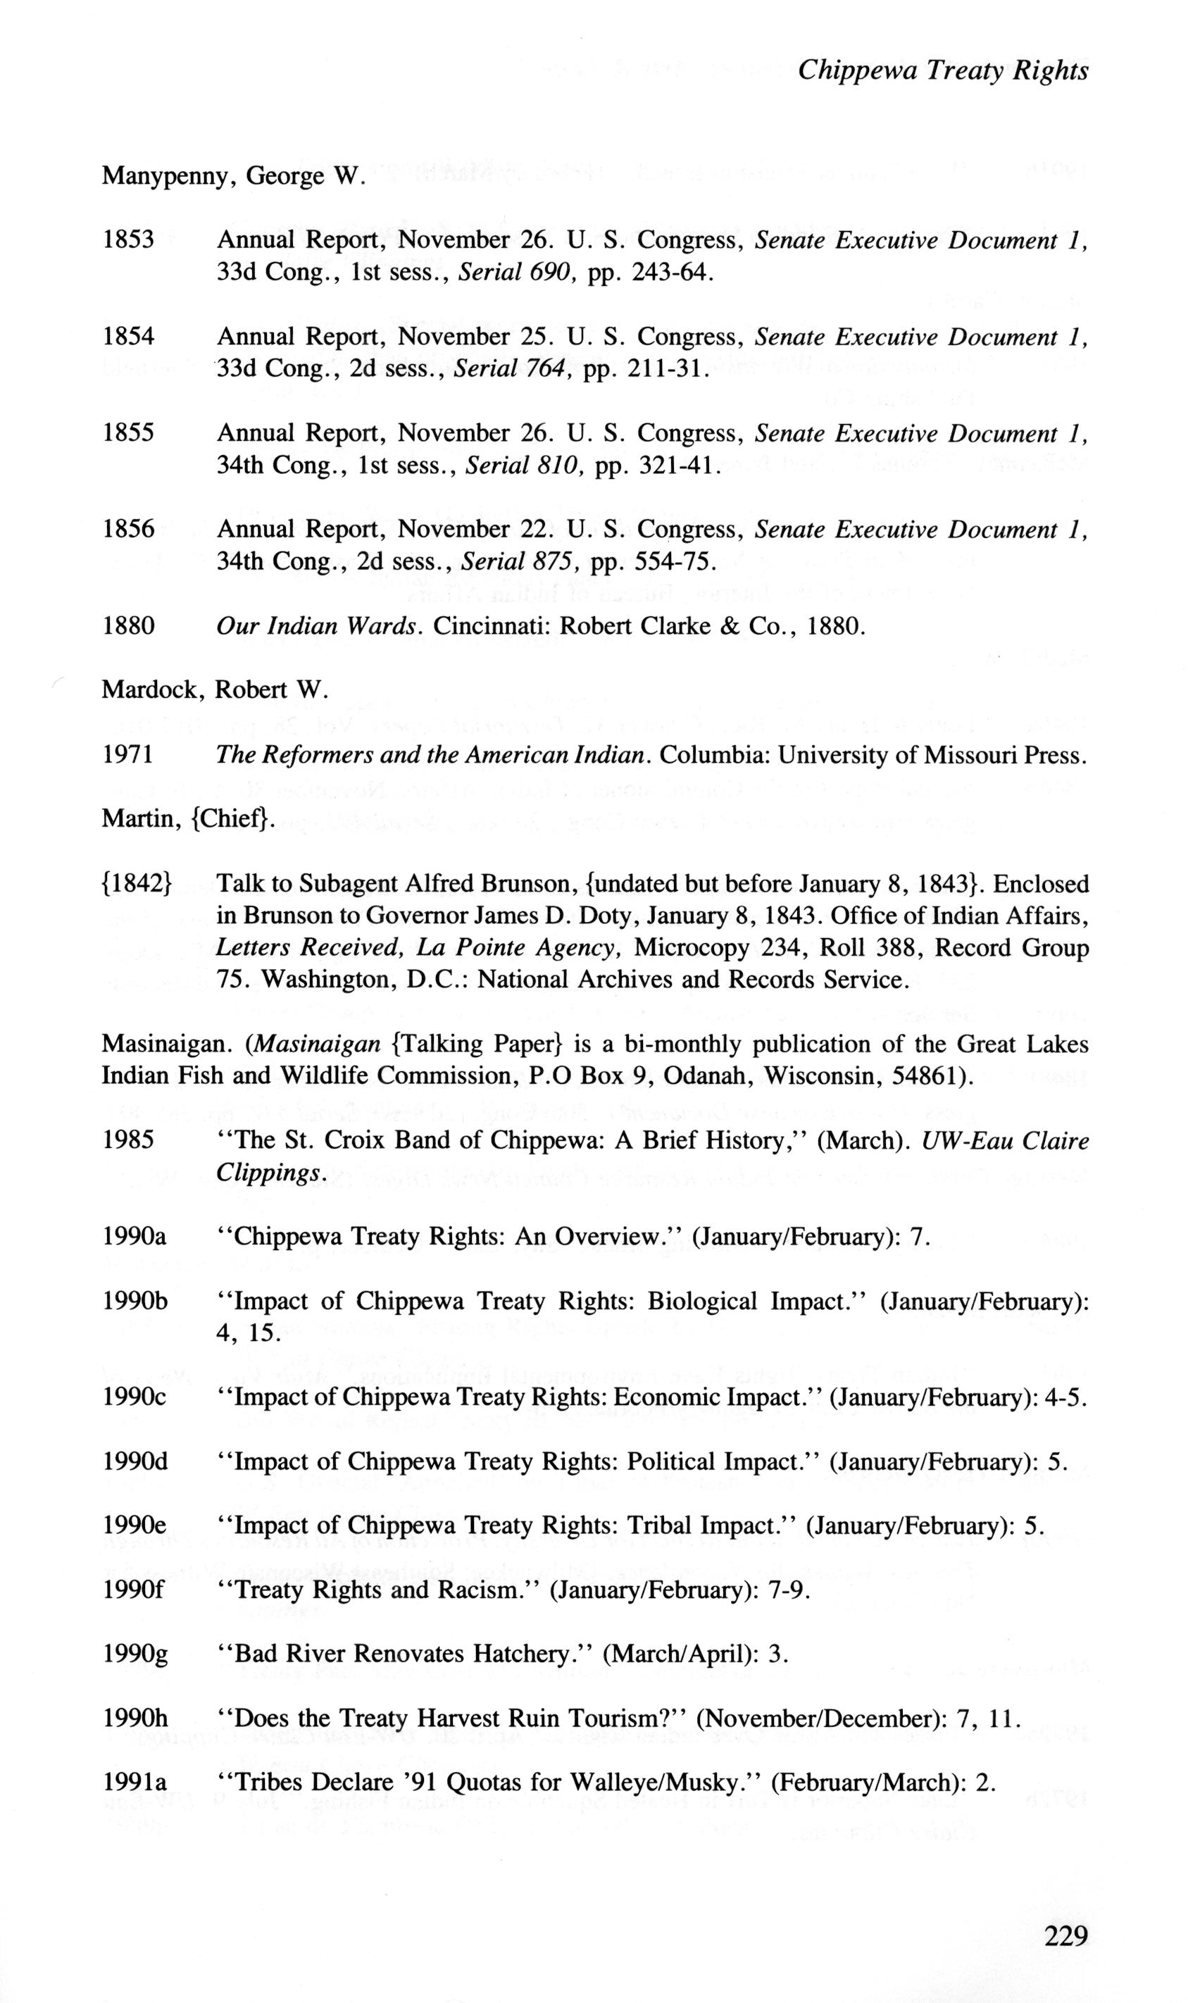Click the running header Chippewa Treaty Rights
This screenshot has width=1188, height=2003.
pyautogui.click(x=943, y=71)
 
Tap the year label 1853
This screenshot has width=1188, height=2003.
pyautogui.click(x=128, y=240)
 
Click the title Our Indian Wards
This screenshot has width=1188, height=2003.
pyautogui.click(x=317, y=626)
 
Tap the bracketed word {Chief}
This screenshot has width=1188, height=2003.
pyautogui.click(x=233, y=820)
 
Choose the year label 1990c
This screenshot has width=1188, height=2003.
pyautogui.click(x=135, y=1397)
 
